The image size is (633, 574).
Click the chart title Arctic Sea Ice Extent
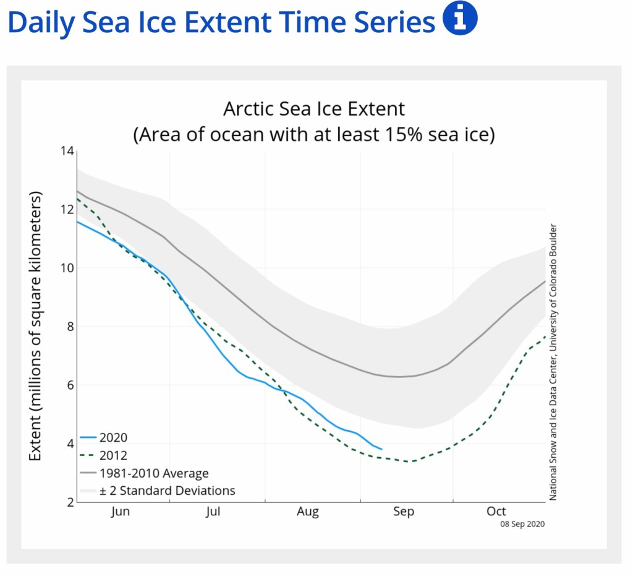(x=314, y=109)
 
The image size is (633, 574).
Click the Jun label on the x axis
(x=121, y=512)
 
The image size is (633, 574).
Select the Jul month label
(x=213, y=512)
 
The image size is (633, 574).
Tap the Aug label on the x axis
(x=308, y=512)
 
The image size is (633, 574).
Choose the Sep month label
(x=404, y=512)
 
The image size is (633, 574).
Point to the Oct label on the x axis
(x=496, y=512)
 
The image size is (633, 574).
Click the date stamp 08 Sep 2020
(x=522, y=524)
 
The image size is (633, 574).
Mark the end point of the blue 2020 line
(x=381, y=449)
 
